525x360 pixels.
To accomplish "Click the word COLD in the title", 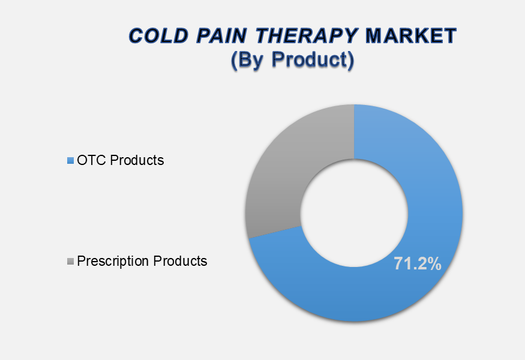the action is (x=158, y=35).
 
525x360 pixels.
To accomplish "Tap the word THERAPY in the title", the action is (x=307, y=36).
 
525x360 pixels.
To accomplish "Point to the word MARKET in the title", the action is (x=411, y=35).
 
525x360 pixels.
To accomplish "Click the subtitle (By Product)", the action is (x=292, y=60).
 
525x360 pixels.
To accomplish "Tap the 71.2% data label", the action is (x=418, y=263).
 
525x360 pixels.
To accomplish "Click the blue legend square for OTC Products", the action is (x=70, y=160).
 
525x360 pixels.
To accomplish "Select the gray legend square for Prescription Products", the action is (x=70, y=261).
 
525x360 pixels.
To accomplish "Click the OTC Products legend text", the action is (x=121, y=160).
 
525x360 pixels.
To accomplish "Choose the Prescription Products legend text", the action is (x=142, y=261).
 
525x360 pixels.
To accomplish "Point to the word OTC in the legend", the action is (x=92, y=160).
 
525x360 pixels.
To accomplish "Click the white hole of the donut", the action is (x=354, y=213).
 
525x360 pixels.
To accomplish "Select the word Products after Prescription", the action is (x=180, y=261).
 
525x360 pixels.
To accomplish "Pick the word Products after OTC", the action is (x=137, y=160).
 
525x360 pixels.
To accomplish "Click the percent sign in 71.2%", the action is (x=434, y=263).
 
